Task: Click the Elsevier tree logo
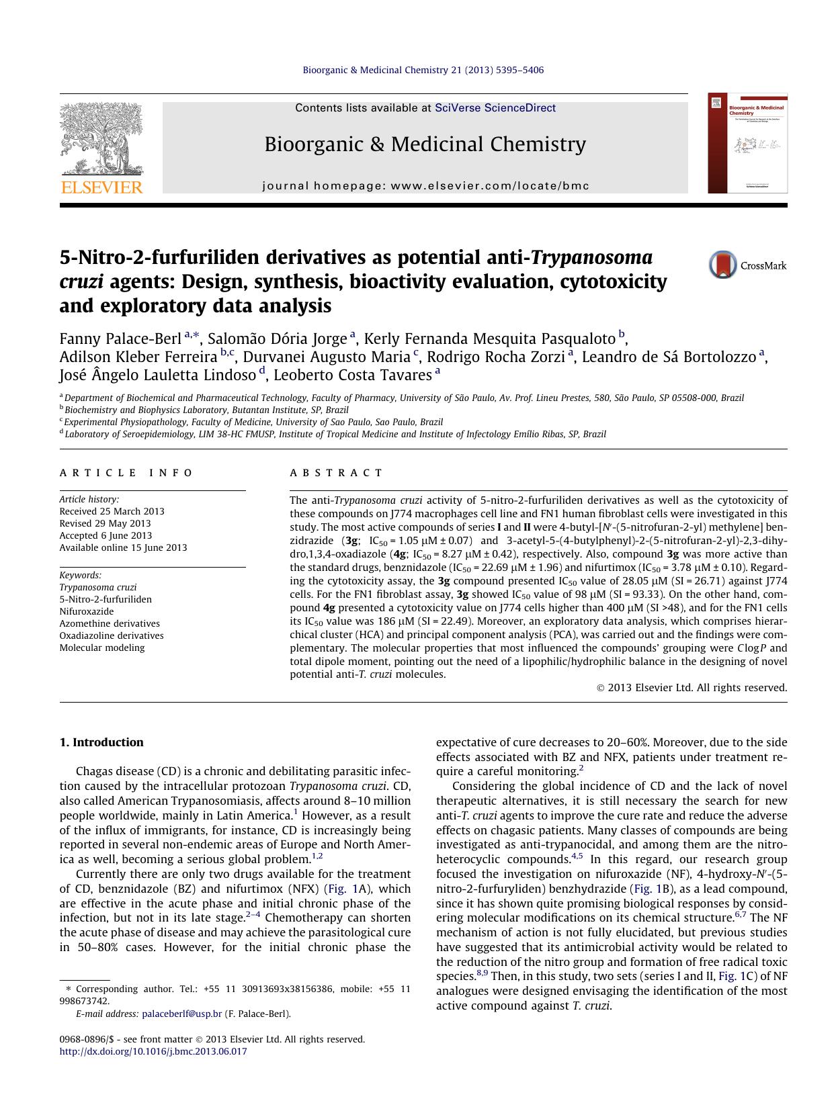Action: [101, 147]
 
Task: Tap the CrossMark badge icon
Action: [722, 265]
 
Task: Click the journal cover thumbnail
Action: [747, 143]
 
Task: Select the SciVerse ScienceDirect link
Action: [495, 107]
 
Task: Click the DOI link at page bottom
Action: [153, 1051]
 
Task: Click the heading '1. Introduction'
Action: [101, 742]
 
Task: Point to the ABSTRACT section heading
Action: [336, 473]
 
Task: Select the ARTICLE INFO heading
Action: [126, 473]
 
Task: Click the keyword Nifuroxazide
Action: [87, 611]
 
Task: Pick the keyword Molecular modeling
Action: [102, 648]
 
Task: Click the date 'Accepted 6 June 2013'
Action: [106, 535]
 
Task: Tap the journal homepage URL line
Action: [425, 186]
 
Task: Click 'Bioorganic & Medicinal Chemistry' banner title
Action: [425, 144]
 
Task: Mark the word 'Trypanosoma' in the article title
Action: [592, 257]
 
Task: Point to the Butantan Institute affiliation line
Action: [206, 410]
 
